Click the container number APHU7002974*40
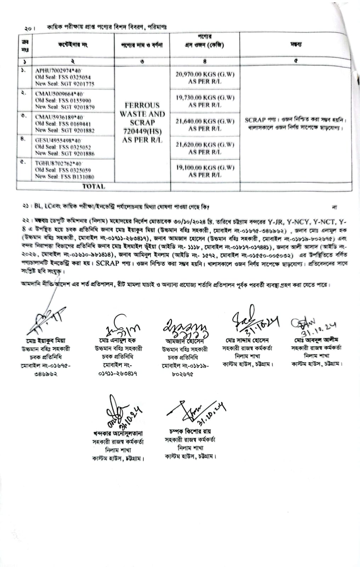coord(58,71)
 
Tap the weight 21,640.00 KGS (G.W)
coord(205,121)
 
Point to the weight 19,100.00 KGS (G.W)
coord(205,168)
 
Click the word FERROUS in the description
coord(142,105)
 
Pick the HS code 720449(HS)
coord(142,131)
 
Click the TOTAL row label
coord(94,186)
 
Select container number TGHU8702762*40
coord(58,164)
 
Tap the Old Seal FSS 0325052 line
coord(63,147)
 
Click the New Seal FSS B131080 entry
coord(64,176)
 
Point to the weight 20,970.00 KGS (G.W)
coord(205,74)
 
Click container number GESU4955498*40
coord(58,140)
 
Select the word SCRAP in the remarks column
coord(255,120)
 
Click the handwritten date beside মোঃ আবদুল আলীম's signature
coord(318,329)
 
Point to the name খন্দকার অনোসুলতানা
coord(118,433)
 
